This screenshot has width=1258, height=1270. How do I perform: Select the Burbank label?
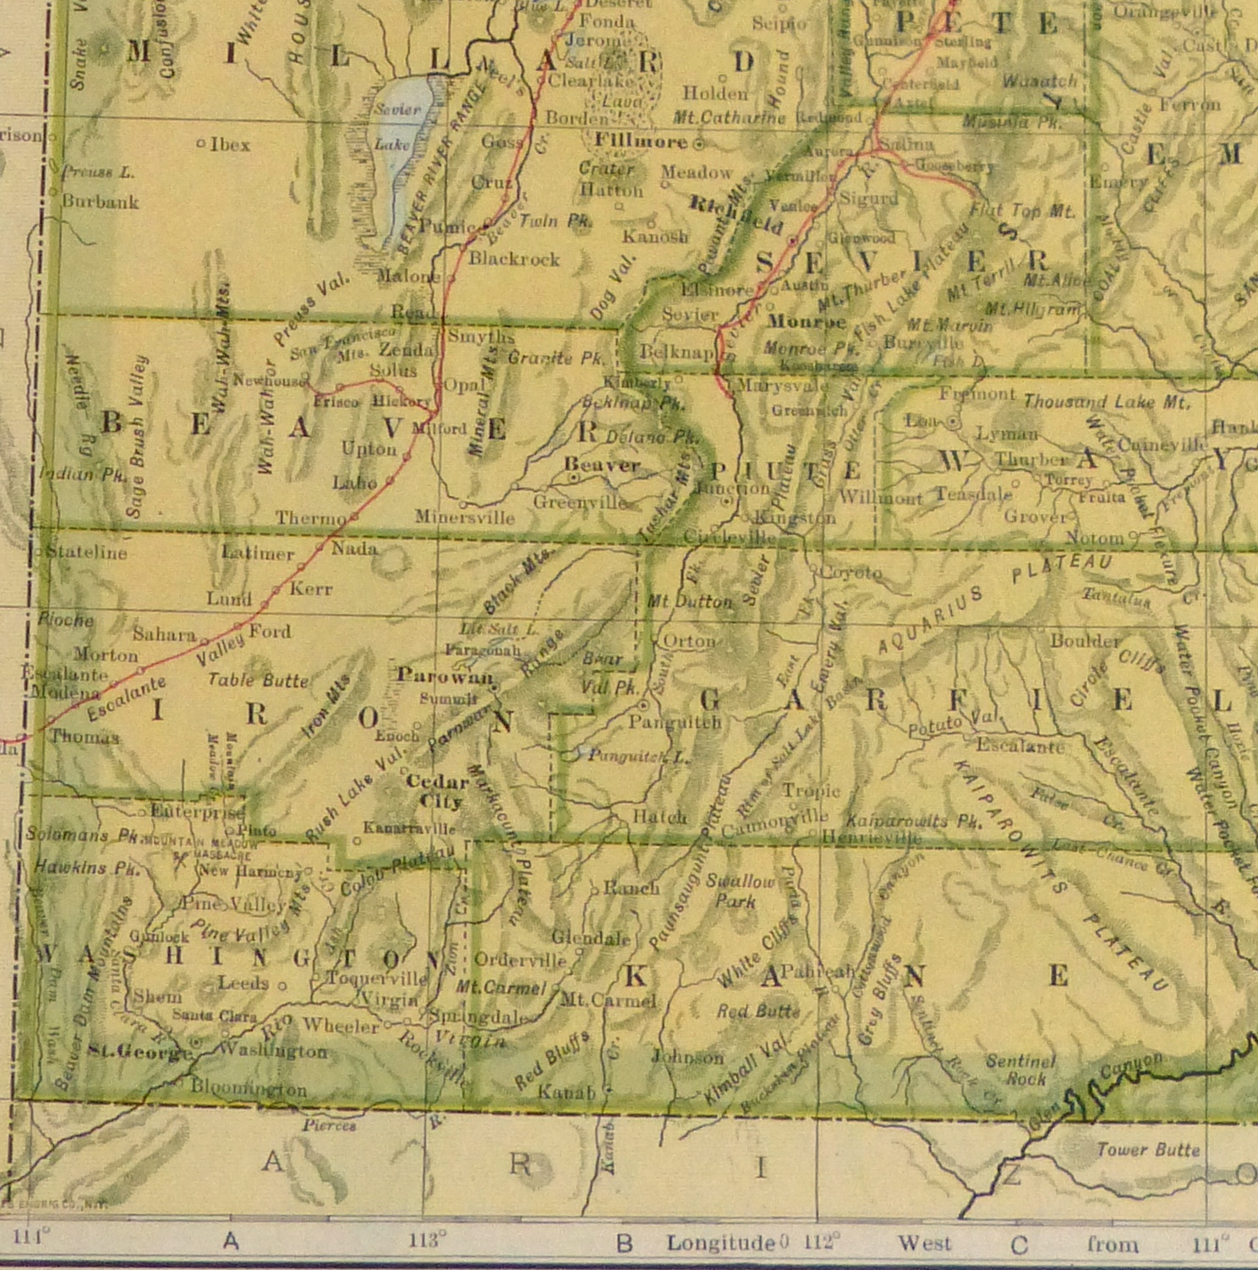point(100,202)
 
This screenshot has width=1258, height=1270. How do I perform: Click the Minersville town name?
point(464,517)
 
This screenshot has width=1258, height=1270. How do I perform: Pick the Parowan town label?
point(445,676)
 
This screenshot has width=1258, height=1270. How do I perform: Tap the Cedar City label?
point(438,791)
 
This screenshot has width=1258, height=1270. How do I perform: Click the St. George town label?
point(140,1052)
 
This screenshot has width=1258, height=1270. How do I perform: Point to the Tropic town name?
point(811,791)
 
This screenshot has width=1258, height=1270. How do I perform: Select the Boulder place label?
point(1085,641)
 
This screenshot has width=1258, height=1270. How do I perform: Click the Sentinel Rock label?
point(1021,1070)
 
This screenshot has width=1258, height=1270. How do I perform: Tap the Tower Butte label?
point(1147,1150)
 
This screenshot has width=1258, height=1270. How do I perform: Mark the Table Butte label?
point(258,680)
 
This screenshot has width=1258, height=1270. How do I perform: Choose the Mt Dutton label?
point(689,602)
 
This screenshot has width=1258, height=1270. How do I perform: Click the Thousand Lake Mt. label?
point(1106,402)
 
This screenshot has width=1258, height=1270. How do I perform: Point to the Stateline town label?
point(86,553)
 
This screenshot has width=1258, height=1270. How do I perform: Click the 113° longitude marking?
point(427,1240)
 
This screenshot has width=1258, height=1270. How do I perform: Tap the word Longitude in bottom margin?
point(720,1243)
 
